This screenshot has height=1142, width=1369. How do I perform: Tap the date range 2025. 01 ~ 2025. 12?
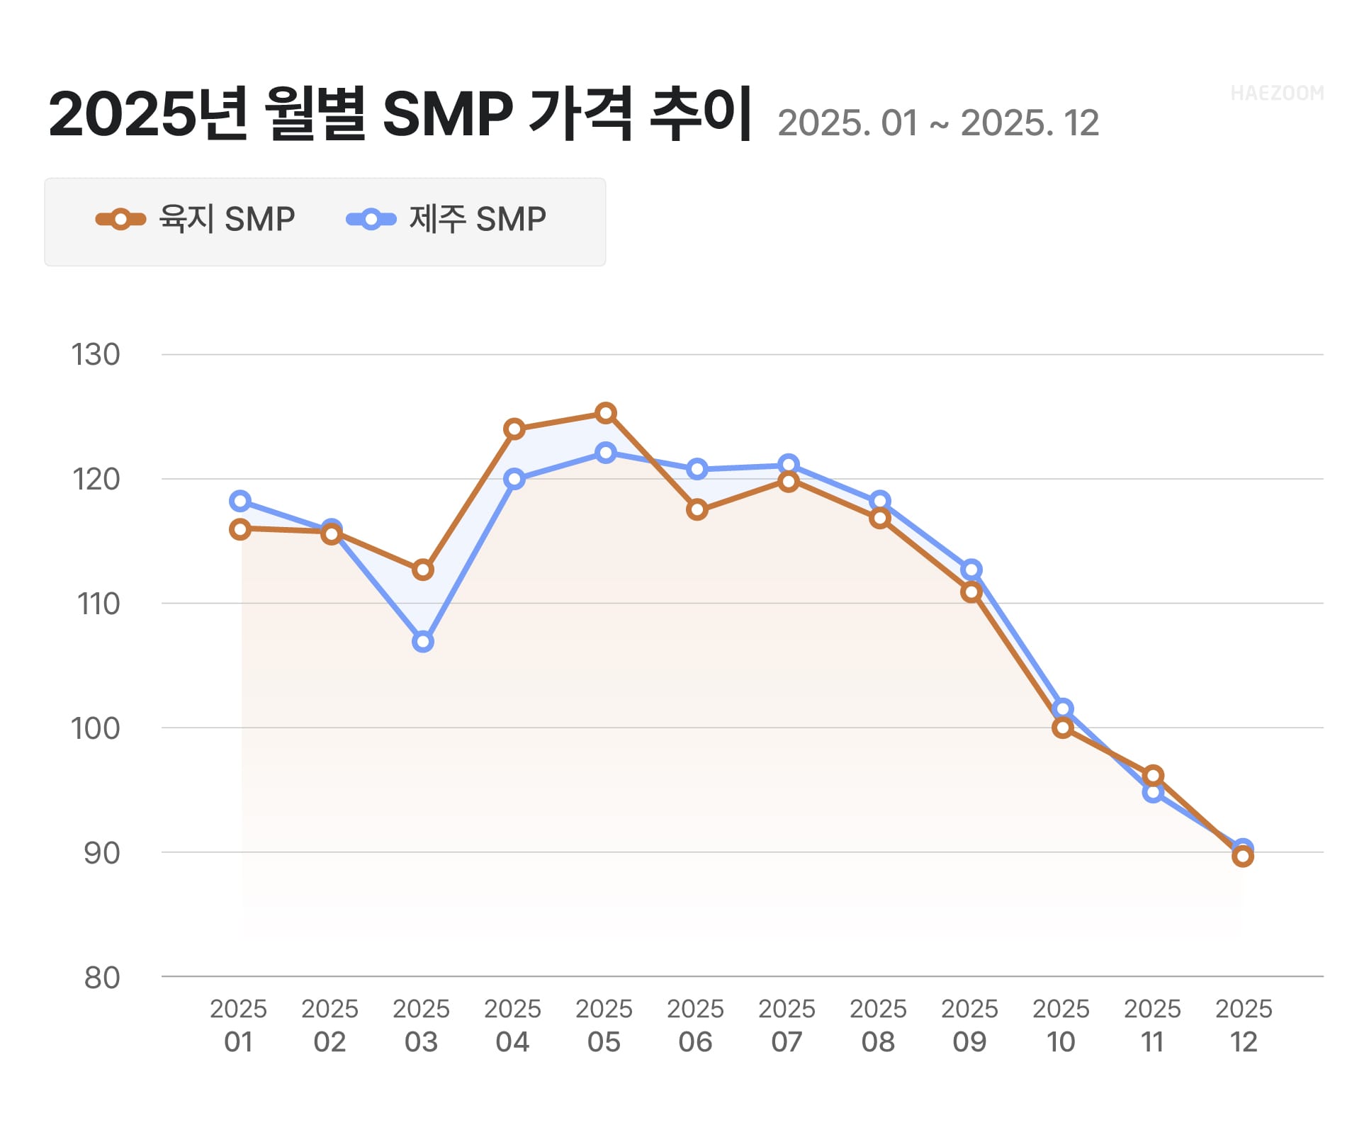(937, 123)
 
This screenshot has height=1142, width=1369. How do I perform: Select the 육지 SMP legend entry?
(196, 219)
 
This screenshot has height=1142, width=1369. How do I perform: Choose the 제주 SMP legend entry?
(446, 219)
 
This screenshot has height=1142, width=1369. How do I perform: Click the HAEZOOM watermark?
(1276, 94)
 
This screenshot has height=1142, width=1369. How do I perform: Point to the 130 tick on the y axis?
(96, 355)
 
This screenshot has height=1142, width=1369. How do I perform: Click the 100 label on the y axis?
(96, 728)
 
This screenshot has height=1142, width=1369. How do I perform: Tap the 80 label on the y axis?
(102, 978)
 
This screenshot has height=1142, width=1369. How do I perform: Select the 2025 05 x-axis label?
(604, 1025)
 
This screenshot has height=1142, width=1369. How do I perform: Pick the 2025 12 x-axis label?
(1244, 1025)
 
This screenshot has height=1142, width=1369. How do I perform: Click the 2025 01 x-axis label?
(239, 1025)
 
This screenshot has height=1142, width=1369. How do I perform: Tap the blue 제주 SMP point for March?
(423, 642)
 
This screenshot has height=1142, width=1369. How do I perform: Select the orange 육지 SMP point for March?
(423, 570)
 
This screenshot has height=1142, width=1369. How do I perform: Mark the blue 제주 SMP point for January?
(240, 502)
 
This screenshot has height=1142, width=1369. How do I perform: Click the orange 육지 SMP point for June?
(697, 509)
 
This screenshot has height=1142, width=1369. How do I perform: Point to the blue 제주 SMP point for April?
(514, 480)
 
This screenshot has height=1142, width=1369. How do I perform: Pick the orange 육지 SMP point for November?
(1153, 776)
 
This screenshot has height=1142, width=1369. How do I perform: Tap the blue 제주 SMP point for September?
(971, 570)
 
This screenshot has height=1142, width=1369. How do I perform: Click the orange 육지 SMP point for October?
(1062, 728)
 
